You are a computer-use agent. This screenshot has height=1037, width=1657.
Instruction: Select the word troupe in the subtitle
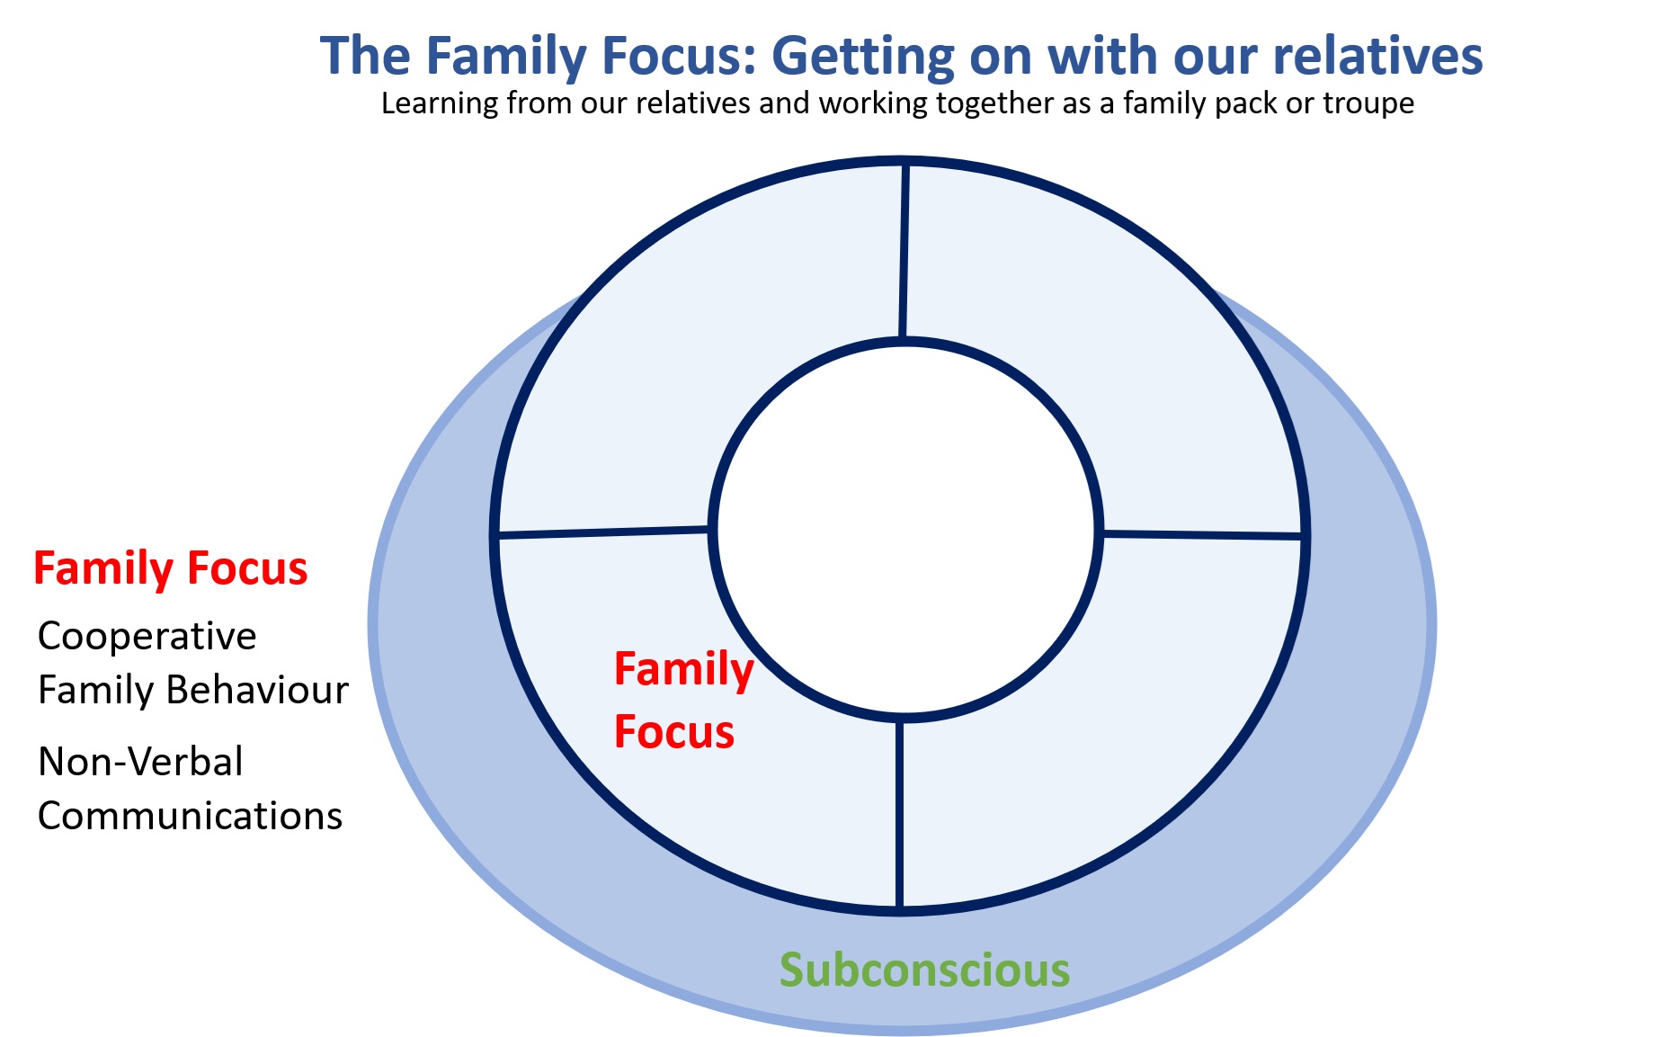(x=1368, y=104)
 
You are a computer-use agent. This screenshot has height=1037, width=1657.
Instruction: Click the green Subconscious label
(x=925, y=970)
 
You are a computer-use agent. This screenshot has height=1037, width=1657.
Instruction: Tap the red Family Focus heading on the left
(x=171, y=568)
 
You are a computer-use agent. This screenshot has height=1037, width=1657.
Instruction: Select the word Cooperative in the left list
(x=147, y=636)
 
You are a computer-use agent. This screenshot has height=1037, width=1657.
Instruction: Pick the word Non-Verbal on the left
(x=140, y=762)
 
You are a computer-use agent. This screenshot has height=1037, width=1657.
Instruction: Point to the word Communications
(x=190, y=816)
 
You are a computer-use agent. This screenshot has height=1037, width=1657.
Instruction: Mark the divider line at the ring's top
(x=904, y=251)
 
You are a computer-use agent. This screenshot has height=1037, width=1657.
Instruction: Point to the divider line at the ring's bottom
(x=899, y=814)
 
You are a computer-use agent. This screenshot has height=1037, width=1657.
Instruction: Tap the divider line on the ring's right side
(x=1202, y=535)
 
